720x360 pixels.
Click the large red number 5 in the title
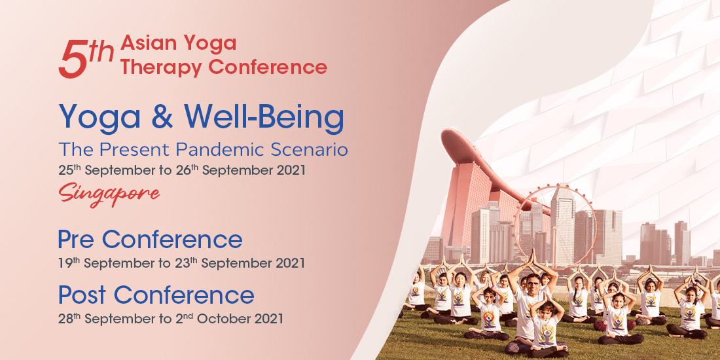pyautogui.click(x=73, y=59)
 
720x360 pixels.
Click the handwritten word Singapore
pyautogui.click(x=109, y=194)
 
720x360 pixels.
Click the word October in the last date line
pyautogui.click(x=230, y=319)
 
